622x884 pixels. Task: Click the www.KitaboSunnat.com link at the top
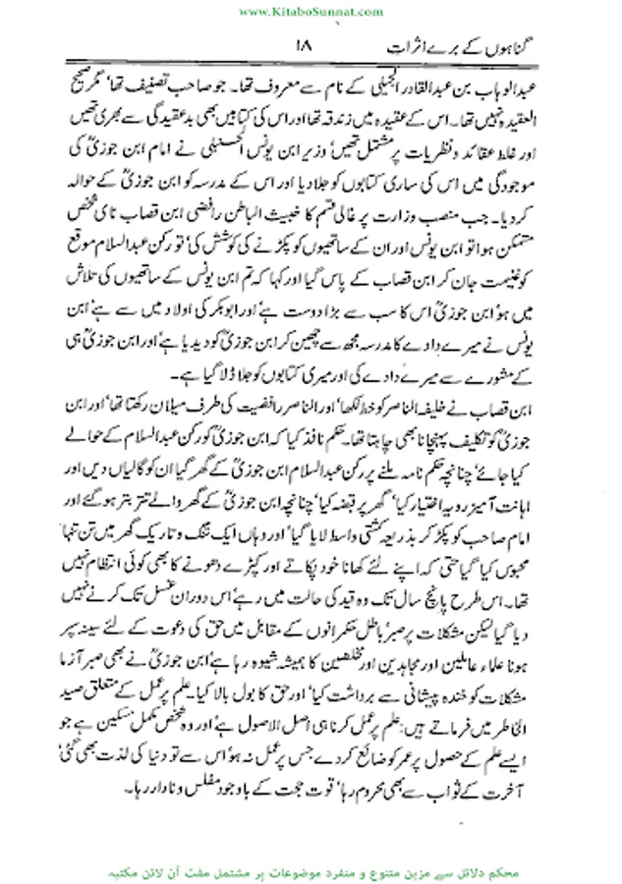point(311,11)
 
